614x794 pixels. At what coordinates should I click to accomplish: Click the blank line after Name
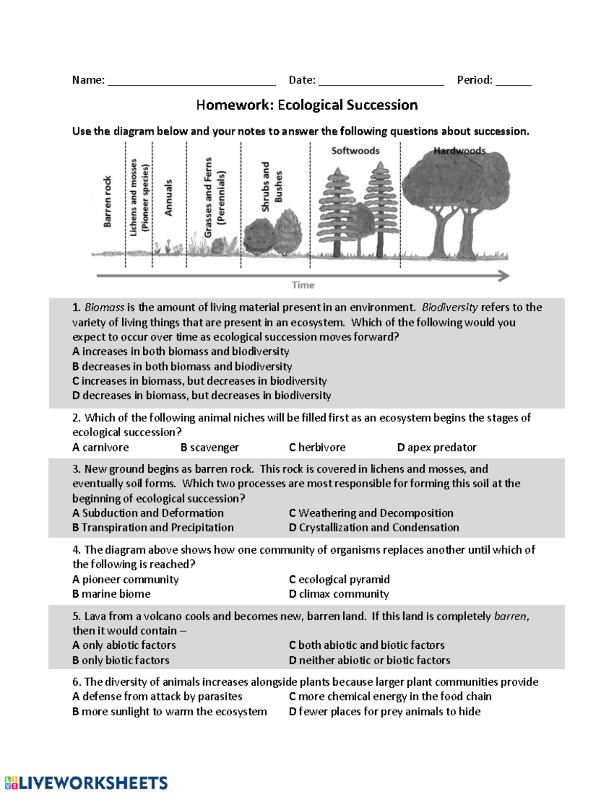[x=191, y=82]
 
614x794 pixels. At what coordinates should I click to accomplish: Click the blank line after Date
[x=381, y=82]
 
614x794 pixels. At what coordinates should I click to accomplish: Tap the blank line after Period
[x=513, y=82]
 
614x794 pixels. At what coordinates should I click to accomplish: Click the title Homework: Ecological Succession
[x=307, y=105]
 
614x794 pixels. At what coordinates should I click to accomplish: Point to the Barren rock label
[x=107, y=201]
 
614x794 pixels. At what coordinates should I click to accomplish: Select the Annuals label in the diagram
[x=168, y=197]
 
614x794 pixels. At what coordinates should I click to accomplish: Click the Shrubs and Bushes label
[x=272, y=187]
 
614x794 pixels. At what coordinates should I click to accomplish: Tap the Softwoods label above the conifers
[x=355, y=151]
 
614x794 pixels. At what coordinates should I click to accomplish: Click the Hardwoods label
[x=459, y=151]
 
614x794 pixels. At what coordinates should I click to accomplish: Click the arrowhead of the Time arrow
[x=505, y=276]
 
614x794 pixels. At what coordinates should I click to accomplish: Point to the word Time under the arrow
[x=303, y=285]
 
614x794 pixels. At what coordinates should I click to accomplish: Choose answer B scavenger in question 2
[x=210, y=447]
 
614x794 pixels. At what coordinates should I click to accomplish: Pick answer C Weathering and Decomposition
[x=371, y=513]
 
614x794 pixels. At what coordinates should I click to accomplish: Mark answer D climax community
[x=339, y=594]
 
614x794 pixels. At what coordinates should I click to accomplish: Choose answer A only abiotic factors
[x=124, y=645]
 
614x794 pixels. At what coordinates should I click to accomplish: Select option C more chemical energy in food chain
[x=390, y=696]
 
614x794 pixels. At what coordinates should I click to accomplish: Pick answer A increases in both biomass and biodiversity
[x=181, y=352]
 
